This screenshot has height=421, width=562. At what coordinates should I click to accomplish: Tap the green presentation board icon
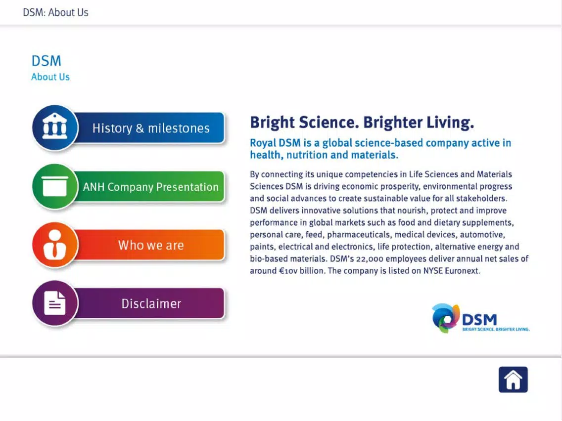coord(55,186)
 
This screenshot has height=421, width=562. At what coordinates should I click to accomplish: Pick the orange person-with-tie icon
coord(55,245)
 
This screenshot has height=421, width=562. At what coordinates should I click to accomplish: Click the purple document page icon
coord(55,303)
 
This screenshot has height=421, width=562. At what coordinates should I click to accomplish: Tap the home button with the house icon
coord(513,379)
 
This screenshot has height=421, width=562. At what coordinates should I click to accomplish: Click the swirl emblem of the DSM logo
coord(446,318)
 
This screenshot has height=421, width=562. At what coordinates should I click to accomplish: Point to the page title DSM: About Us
coord(55,12)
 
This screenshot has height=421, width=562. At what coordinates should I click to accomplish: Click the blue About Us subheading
coord(50,77)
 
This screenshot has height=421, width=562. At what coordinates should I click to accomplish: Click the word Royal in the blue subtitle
coord(263,143)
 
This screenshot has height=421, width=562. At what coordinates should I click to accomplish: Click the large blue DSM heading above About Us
coord(46,61)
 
